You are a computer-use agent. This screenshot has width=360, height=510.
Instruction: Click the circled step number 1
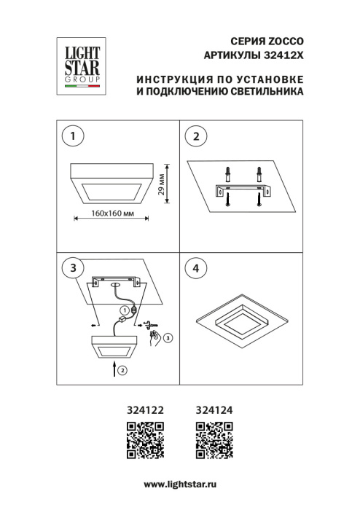click(71, 136)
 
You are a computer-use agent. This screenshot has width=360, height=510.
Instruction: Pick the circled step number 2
click(195, 136)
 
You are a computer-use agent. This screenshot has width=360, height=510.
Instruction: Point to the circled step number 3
click(71, 268)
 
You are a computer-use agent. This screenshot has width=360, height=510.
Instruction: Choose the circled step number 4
click(195, 268)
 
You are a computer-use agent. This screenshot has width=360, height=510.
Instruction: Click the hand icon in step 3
click(155, 337)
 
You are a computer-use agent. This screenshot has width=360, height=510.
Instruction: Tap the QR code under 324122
click(143, 440)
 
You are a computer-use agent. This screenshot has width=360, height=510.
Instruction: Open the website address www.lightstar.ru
click(181, 484)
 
